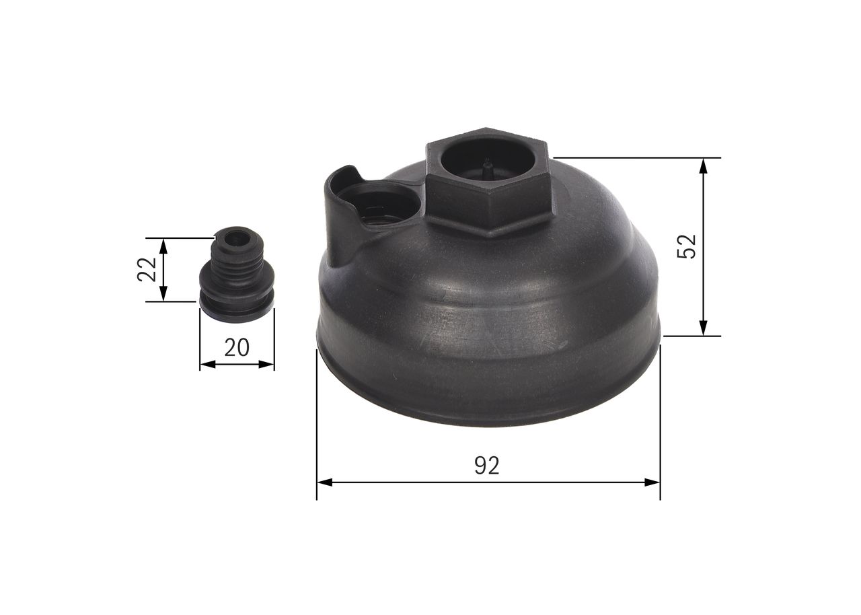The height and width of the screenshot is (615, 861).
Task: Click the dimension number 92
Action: pyautogui.click(x=487, y=466)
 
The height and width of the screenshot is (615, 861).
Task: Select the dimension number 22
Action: pyautogui.click(x=147, y=270)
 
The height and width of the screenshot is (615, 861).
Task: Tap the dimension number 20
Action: pyautogui.click(x=236, y=347)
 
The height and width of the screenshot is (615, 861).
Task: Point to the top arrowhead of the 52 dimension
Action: pyautogui.click(x=704, y=165)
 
